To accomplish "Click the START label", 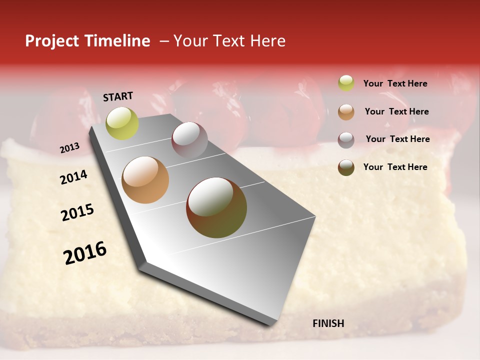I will click(118, 96).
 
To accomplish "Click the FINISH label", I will click(328, 323).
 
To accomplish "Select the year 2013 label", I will click(69, 148).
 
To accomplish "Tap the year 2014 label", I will click(73, 177).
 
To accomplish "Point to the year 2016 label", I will click(85, 253).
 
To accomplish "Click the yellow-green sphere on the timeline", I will click(122, 123).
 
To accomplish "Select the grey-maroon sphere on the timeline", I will click(189, 139).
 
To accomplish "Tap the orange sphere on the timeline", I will click(145, 180).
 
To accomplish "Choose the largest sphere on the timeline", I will click(216, 207).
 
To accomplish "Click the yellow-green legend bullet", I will click(346, 83).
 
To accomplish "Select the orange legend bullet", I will click(346, 111).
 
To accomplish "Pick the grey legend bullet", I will click(346, 139).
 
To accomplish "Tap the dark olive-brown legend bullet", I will click(346, 167).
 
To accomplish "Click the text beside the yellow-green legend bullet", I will click(395, 84).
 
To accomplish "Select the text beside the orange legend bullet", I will click(396, 111).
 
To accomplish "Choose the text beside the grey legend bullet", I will click(397, 139).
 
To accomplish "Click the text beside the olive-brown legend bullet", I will click(395, 167).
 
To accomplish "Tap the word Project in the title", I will click(51, 41).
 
